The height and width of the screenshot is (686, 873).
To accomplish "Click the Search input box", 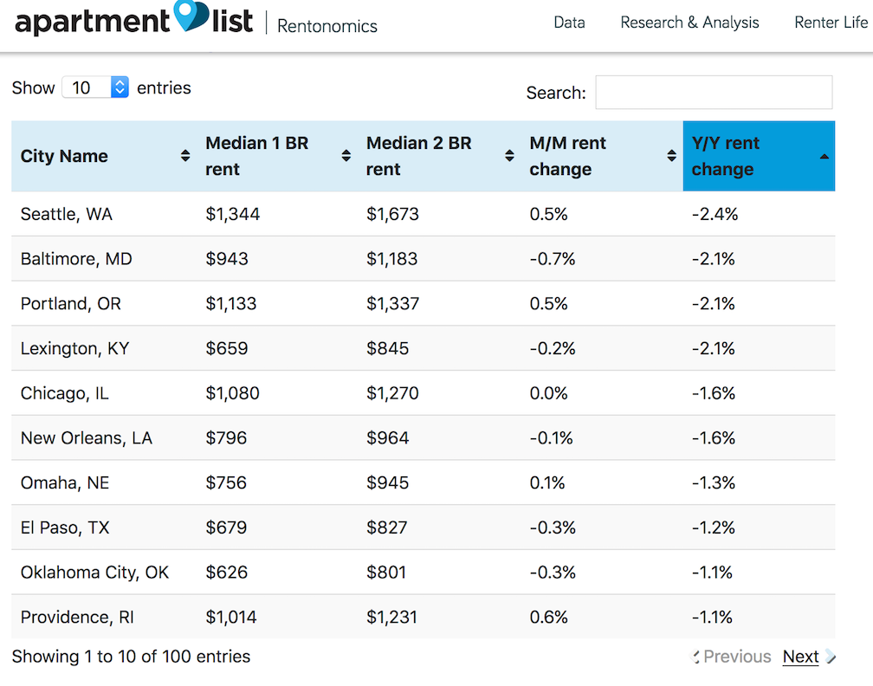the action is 714,93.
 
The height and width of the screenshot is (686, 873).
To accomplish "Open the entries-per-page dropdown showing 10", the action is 95,87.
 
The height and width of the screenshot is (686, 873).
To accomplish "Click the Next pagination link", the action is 800,657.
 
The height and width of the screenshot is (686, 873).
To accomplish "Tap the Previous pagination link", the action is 736,657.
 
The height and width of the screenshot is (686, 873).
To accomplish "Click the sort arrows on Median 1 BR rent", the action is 346,156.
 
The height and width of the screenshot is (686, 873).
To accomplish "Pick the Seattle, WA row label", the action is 67,215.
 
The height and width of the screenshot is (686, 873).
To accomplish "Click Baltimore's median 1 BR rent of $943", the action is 227,259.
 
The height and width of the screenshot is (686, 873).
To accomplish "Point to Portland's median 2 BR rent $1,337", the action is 392,303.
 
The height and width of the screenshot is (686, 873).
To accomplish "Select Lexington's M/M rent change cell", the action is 553,348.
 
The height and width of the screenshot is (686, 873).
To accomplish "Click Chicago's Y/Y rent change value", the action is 714,393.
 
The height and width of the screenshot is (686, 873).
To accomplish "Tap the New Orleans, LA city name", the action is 87,438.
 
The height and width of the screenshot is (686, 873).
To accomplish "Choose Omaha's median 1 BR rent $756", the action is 226,482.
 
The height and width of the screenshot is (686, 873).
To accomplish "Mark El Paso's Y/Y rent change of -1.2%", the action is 714,527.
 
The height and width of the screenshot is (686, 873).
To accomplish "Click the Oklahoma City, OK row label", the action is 94,573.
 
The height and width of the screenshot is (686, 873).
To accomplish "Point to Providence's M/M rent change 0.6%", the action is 548,617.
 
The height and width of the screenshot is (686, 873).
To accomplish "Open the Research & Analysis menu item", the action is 689,23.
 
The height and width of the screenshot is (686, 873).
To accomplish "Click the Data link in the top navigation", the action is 569,23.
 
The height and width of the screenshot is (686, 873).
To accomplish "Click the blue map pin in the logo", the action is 191,14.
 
